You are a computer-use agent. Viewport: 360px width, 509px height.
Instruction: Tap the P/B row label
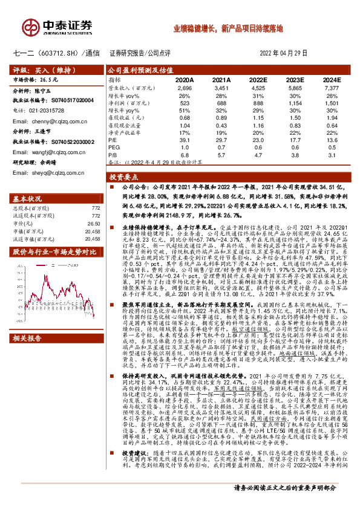tap(113, 155)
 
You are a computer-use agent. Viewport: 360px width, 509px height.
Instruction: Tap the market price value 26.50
tap(93, 222)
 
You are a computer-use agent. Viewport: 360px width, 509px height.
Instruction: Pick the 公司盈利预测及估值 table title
tap(134, 70)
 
